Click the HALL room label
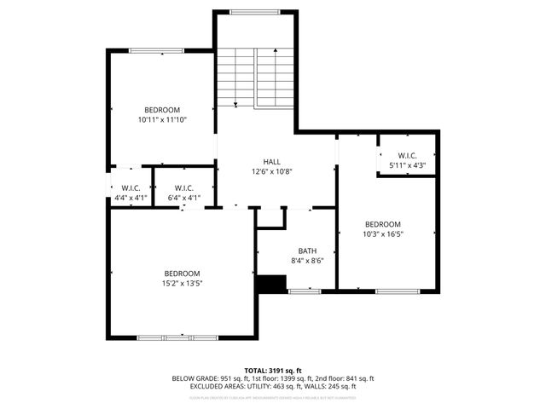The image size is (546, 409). pos(271,161)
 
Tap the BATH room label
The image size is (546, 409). pos(307,251)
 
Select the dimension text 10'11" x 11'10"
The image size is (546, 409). pos(162,120)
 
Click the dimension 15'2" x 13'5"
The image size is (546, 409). pos(183,283)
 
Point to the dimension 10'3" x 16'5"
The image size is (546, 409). pos(382,233)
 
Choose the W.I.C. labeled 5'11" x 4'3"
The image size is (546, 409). pos(406,165)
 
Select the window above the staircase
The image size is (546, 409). pos(254,12)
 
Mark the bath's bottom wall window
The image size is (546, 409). pos(305,291)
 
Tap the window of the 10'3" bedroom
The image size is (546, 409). pos(398,291)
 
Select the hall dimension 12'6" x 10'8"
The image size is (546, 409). pos(271,171)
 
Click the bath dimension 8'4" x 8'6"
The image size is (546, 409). pos(307,261)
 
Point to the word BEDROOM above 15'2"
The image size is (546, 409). pos(183,273)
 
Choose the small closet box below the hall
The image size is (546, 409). pos(270,218)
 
